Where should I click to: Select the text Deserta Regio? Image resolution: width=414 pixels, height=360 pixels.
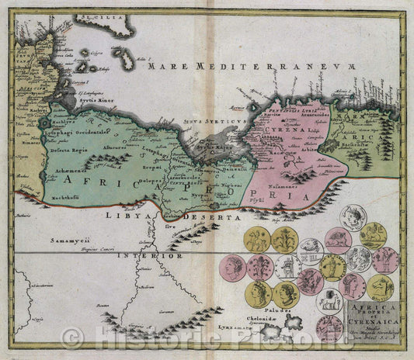pos(68,151)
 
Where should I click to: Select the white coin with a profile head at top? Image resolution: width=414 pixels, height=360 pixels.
pos(353,217)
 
